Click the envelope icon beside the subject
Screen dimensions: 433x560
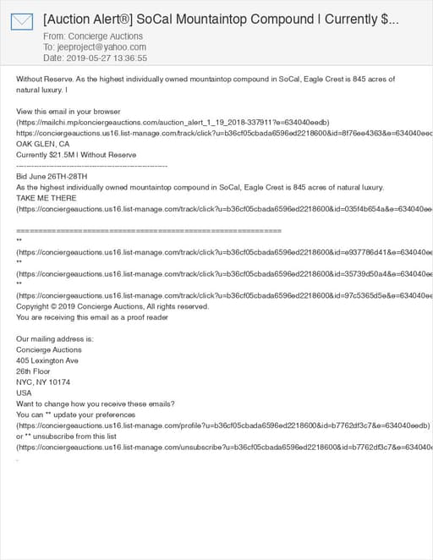(x=23, y=23)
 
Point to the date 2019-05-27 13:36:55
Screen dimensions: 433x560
(x=107, y=58)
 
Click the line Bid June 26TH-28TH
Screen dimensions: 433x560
(x=52, y=176)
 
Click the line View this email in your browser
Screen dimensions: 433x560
(x=69, y=112)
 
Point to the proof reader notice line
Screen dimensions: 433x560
(x=92, y=317)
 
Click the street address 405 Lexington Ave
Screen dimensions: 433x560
(x=47, y=360)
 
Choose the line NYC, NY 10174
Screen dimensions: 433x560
(x=42, y=382)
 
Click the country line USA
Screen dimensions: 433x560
(x=24, y=393)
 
